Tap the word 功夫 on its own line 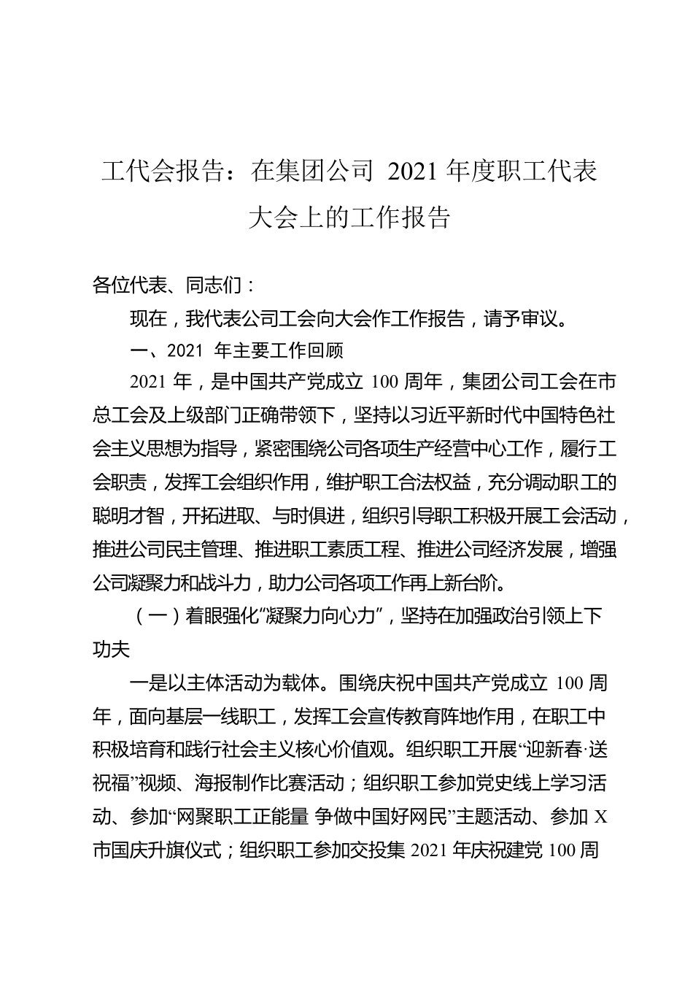(x=111, y=650)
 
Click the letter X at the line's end (x=601, y=817)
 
